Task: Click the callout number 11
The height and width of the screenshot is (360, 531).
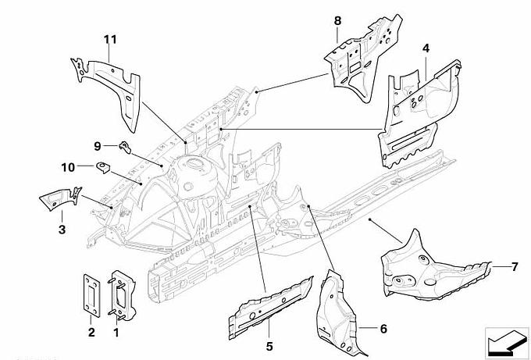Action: pyautogui.click(x=110, y=38)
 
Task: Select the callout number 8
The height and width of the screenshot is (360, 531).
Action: pyautogui.click(x=337, y=20)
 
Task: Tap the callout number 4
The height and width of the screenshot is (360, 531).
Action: pyautogui.click(x=426, y=48)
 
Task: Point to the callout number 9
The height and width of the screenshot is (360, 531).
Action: pyautogui.click(x=99, y=145)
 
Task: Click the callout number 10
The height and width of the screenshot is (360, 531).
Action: pyautogui.click(x=68, y=166)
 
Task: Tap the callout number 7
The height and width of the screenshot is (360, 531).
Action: pyautogui.click(x=515, y=267)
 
